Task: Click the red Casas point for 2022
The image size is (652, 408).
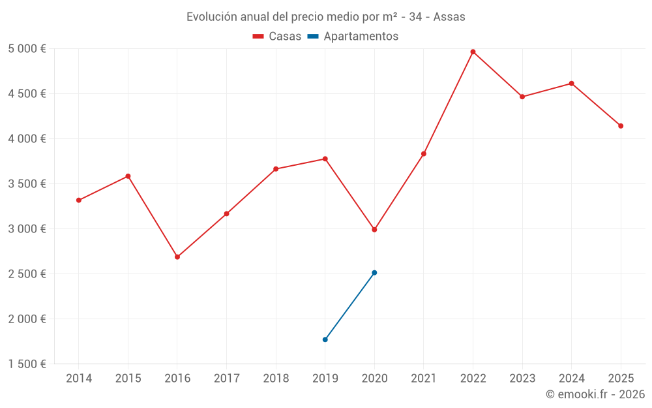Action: point(473,52)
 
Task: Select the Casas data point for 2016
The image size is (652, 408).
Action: point(177,257)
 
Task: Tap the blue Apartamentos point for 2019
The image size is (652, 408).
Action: point(325,339)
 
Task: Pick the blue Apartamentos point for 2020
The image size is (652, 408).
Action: point(374,273)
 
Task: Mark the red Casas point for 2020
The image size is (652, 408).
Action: point(374,230)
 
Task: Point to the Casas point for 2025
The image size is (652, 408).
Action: point(621,126)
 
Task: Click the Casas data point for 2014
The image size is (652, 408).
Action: point(79,200)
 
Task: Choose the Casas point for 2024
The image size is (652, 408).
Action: point(571,84)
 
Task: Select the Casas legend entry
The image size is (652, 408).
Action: point(277,37)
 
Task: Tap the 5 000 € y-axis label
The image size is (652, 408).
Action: point(27,49)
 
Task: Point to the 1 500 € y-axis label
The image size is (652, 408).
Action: point(27,364)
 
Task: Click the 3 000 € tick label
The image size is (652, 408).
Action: point(27,229)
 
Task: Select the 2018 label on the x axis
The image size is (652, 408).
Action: point(276,379)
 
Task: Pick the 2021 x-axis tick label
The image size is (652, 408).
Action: point(423,379)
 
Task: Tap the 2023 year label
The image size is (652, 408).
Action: point(522,379)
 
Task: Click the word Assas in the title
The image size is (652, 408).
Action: point(449,17)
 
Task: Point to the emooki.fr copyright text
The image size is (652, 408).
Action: point(595,394)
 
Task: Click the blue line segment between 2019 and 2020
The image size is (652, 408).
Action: point(349,306)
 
